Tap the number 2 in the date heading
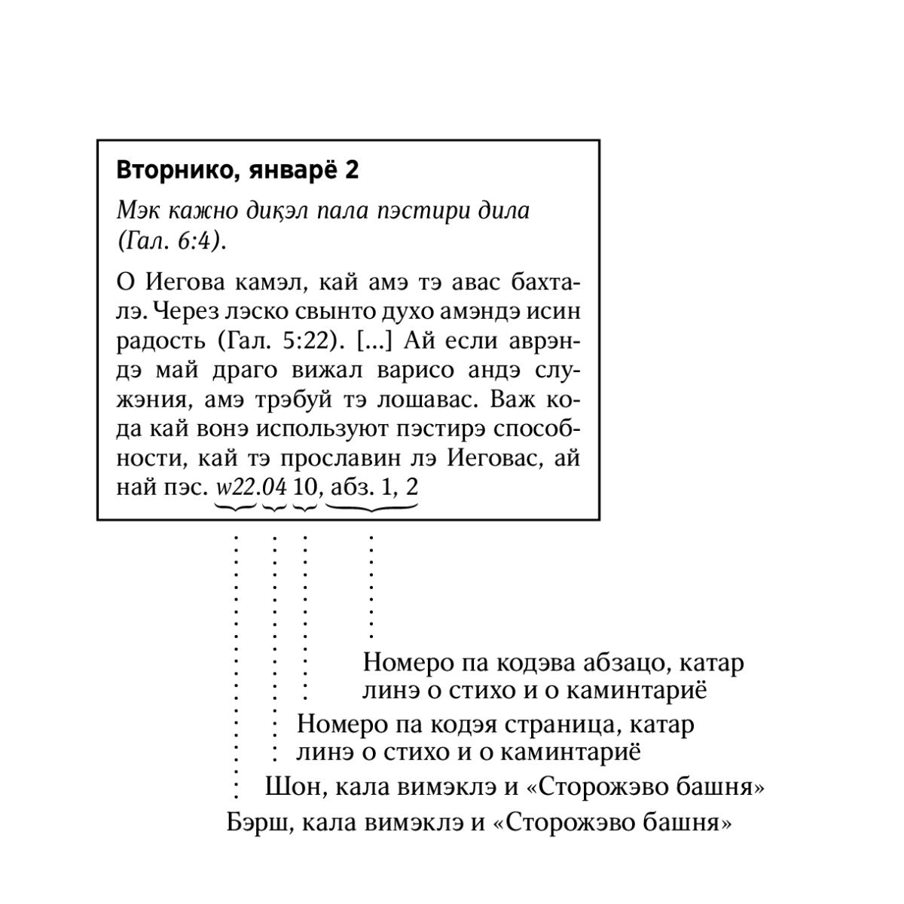tap(352, 170)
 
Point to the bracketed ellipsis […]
tap(374, 341)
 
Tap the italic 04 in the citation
tap(274, 487)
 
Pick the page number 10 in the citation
tap(304, 487)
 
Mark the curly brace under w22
tap(235, 507)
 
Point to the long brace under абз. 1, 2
tap(371, 507)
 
